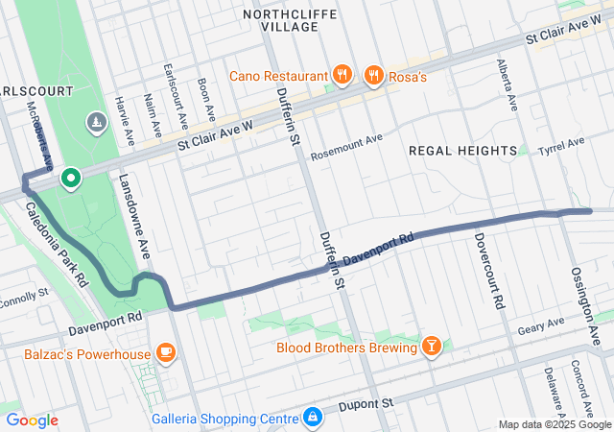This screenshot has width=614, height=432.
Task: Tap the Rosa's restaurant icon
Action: tap(374, 74)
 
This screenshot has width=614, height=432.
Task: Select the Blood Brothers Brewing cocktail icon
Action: tap(433, 346)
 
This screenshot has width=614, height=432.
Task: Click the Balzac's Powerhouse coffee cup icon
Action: tap(166, 353)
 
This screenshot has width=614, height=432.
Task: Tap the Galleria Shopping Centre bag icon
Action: tap(312, 418)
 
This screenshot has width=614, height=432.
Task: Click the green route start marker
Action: tap(70, 178)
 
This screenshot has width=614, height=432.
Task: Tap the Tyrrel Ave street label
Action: tap(561, 145)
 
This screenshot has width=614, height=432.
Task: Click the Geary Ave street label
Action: tap(543, 324)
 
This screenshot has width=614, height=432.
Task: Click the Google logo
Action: tap(32, 420)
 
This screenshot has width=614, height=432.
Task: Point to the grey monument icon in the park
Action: tap(97, 122)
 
